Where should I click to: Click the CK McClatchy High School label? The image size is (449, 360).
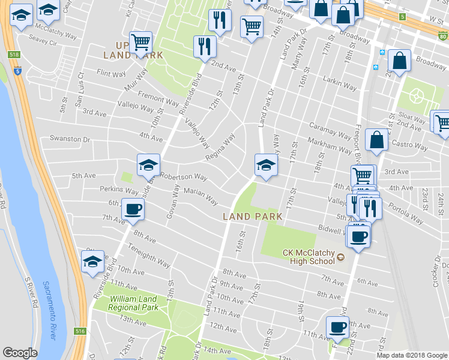coord(309,257)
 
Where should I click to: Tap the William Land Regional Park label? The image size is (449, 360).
coord(133,303)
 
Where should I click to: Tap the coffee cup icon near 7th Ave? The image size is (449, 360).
coord(133,210)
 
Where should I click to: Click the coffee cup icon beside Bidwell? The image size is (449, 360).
coord(359,236)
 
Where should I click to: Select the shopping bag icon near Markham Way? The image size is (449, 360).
coord(376,140)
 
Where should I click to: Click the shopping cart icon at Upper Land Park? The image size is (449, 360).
coord(140,42)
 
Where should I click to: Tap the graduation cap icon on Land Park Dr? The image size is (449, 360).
coord(265,164)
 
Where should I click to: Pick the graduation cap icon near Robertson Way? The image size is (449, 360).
coord(148,164)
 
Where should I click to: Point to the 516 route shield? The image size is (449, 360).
coord(81,331)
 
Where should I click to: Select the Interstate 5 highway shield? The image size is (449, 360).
coord(18,71)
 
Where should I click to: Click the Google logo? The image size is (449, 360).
coord(20,352)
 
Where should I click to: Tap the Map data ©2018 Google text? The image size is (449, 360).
coord(412,355)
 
